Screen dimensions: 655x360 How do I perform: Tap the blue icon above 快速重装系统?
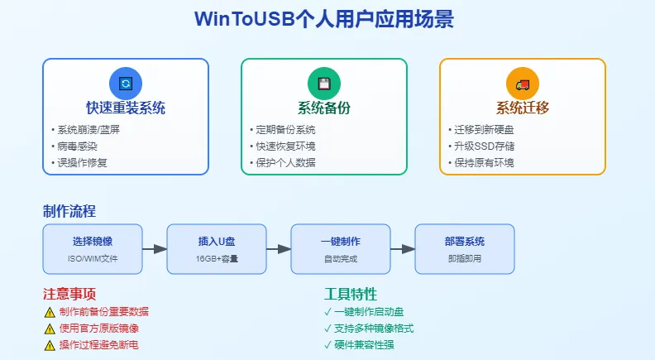(126, 84)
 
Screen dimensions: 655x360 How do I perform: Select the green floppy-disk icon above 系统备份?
(324, 84)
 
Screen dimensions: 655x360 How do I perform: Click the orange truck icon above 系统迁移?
(523, 84)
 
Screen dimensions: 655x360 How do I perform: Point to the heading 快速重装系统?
(126, 108)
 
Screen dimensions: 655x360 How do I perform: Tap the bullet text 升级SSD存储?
(484, 146)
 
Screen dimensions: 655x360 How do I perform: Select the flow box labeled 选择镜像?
(93, 248)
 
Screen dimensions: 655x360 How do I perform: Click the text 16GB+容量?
(217, 258)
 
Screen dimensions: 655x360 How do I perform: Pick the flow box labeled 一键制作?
(341, 248)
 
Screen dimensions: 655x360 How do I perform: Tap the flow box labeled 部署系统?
(464, 248)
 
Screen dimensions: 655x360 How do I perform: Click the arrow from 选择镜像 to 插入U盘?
(154, 248)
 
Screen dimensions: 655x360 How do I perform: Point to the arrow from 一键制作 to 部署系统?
(402, 248)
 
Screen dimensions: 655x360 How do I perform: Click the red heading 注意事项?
(69, 294)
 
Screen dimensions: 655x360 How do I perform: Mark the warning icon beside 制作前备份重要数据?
(50, 312)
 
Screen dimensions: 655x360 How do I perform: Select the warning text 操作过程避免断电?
(98, 344)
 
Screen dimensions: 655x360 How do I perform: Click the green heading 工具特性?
(351, 294)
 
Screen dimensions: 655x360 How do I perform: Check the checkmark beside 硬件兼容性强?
(328, 344)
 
